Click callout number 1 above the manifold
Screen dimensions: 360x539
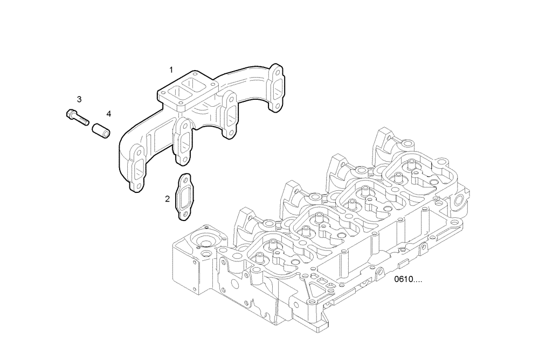click(x=171, y=70)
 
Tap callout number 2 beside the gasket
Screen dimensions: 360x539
click(x=168, y=199)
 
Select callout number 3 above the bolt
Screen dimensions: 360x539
click(x=79, y=99)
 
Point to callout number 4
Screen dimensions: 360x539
click(x=108, y=114)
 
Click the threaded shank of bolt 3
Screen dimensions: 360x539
click(x=82, y=120)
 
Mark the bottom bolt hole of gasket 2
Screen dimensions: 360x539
click(x=184, y=216)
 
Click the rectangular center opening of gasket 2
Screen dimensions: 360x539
click(x=184, y=197)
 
